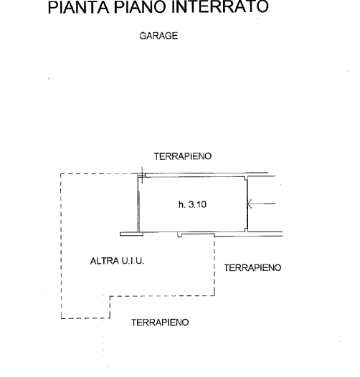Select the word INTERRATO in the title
coord(219,6)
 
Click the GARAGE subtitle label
coord(158,36)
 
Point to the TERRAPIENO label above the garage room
coord(183,156)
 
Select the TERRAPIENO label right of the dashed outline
coord(252,268)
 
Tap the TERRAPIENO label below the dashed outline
coord(160,323)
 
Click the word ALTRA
coord(105,261)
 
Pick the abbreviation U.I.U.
coord(133,261)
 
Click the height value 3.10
coord(197,204)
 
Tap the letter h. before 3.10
coord(182,204)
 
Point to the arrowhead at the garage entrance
coord(250,204)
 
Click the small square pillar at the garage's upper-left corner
coord(141,176)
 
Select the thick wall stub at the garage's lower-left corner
coord(132,234)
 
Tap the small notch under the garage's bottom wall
coord(180,235)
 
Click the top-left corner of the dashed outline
coord(61,174)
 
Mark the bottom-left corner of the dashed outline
coord(62,318)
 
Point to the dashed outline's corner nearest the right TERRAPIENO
coord(214,295)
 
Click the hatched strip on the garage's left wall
coord(138,211)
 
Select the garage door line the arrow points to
coord(247,204)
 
